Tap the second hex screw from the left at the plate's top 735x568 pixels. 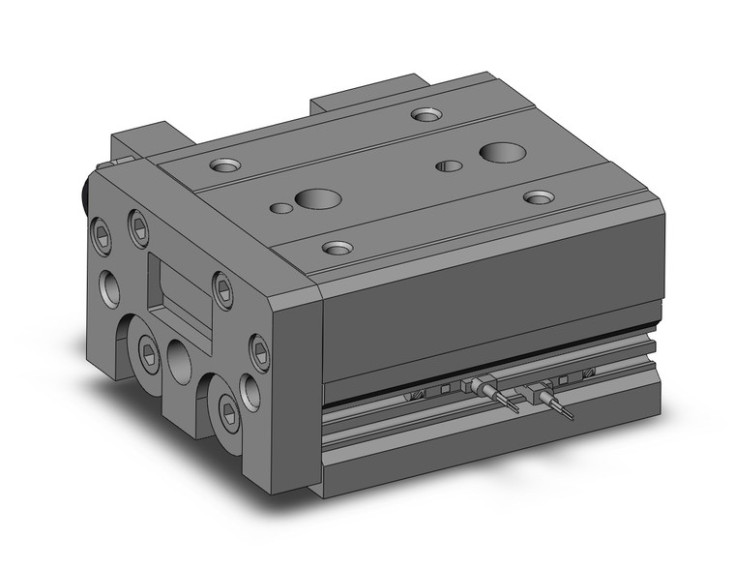coord(139,228)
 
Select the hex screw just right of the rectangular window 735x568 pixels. coord(223,290)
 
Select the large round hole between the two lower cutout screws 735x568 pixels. coord(180,360)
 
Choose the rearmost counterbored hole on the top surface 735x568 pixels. coord(424,114)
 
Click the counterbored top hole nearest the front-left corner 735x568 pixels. coord(336,247)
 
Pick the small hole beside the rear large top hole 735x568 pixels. coord(449,165)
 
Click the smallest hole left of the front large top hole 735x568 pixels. coord(280,207)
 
